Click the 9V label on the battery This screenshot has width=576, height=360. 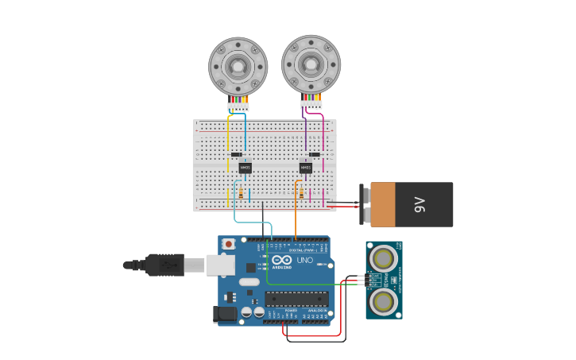(x=420, y=204)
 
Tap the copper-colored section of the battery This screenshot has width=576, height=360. (x=382, y=204)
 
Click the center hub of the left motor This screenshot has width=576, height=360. (x=238, y=67)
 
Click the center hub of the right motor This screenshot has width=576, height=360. (x=311, y=64)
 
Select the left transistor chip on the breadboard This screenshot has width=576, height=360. (x=245, y=168)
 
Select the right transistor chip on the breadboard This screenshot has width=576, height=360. (x=306, y=168)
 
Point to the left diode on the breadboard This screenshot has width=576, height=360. (x=236, y=154)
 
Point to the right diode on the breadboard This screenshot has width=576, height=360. (x=315, y=154)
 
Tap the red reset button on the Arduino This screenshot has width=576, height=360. (x=229, y=244)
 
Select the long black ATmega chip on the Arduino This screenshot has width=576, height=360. (x=296, y=299)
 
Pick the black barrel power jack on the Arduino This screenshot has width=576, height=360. (x=225, y=315)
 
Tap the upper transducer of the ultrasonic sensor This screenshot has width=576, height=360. (x=384, y=258)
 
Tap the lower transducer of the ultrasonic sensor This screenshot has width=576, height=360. (x=384, y=301)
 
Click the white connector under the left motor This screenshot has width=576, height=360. (x=238, y=107)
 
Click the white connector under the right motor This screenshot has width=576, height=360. (x=311, y=104)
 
